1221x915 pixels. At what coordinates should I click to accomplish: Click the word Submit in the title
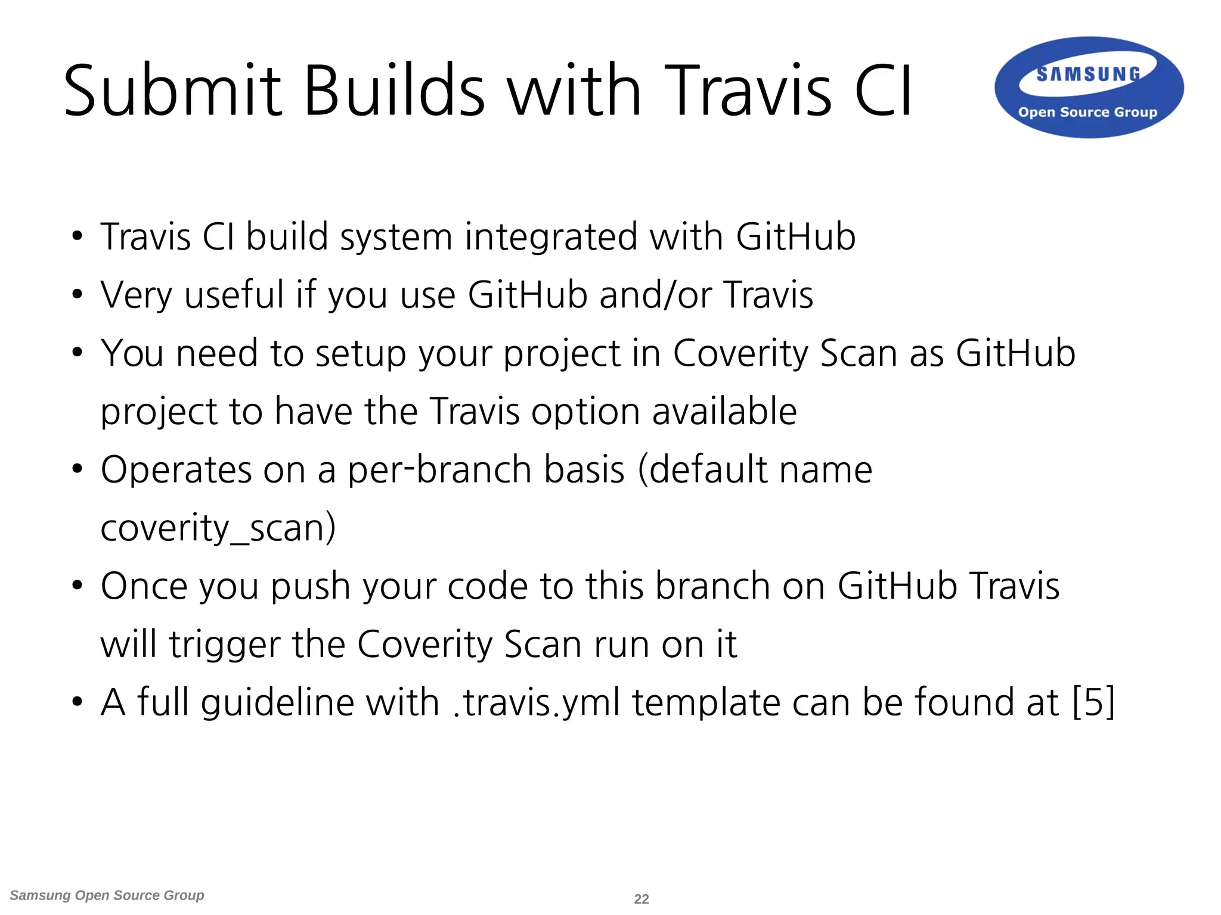(172, 91)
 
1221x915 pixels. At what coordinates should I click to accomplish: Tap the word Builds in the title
(394, 91)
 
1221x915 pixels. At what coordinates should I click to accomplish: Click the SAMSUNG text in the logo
(1089, 74)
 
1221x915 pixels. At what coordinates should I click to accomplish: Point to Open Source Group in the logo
(1087, 112)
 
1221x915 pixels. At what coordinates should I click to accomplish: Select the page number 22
(642, 899)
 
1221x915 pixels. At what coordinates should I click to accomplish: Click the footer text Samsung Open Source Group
(107, 895)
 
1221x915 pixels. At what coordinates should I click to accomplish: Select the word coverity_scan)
(218, 528)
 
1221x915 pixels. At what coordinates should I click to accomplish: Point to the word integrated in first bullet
(551, 237)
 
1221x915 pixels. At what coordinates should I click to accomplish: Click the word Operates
(176, 471)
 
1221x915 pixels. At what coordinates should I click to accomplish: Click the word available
(724, 411)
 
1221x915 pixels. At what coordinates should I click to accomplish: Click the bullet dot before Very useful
(77, 294)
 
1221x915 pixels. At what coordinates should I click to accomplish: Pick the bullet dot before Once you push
(77, 586)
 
